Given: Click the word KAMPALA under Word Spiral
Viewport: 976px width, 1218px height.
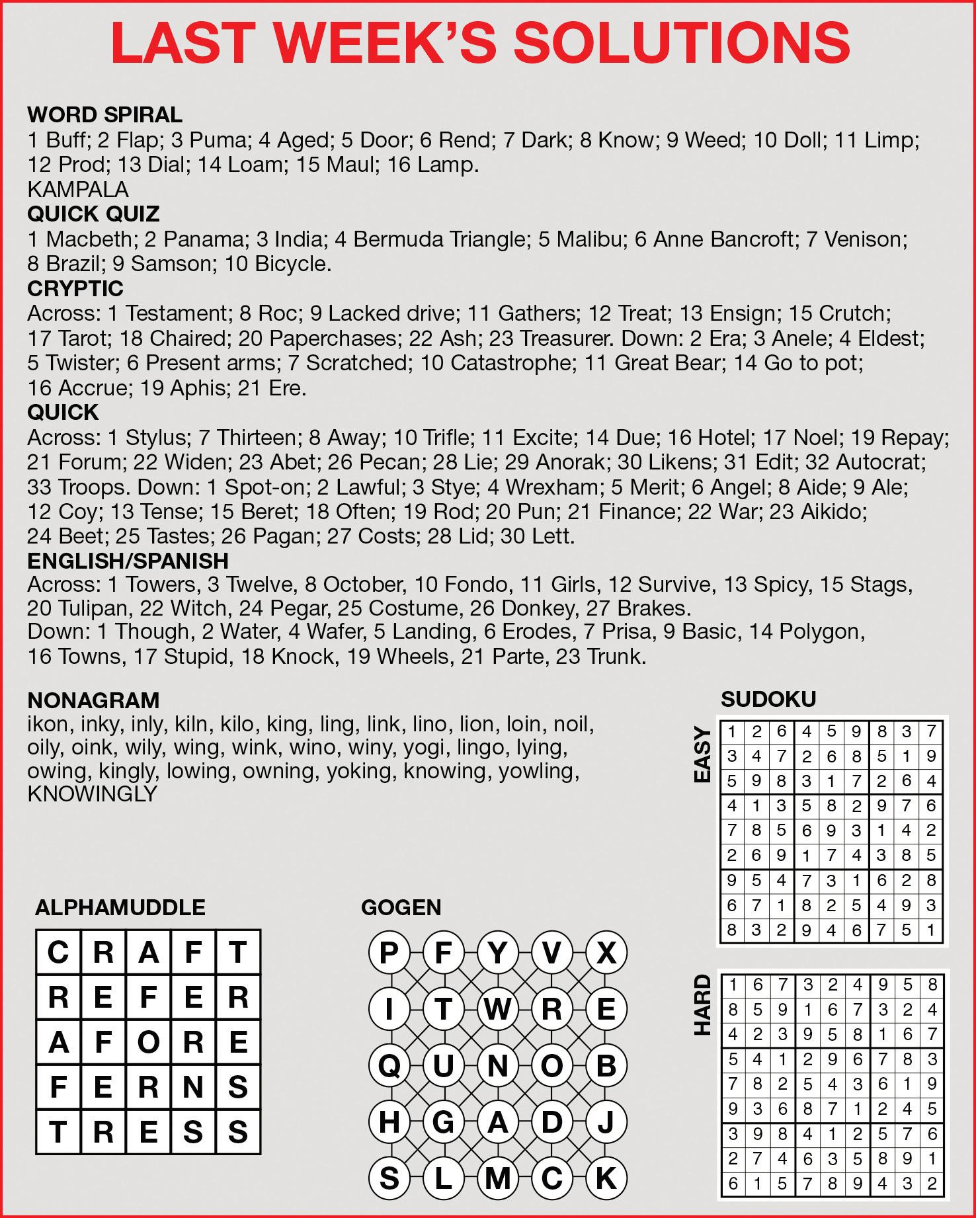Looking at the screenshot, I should coord(78,190).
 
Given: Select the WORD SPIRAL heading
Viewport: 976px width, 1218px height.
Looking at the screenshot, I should coord(104,114).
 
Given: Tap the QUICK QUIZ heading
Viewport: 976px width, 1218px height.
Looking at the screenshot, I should coord(93,214).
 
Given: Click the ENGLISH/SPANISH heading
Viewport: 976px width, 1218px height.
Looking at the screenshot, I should coord(128,561).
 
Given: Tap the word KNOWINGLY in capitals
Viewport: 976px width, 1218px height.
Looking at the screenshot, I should coord(92,794).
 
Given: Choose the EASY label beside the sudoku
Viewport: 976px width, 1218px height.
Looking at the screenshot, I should coord(702,754).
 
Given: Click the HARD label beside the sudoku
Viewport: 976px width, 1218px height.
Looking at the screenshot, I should coord(702,1005).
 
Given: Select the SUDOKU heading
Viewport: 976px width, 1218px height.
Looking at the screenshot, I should coord(768,699).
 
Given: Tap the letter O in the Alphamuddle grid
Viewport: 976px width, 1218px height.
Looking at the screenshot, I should coord(148,1042).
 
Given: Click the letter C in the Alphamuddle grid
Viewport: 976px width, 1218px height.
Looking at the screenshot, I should coord(58,953).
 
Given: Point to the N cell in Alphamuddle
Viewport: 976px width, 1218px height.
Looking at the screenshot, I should coord(193,1087).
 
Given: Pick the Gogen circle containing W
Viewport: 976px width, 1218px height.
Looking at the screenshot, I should coord(498,1009).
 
